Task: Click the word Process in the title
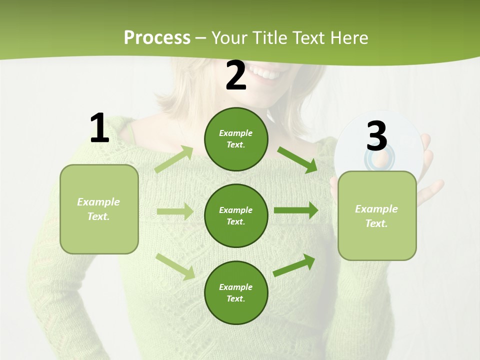[x=157, y=38]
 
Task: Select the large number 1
[x=99, y=128]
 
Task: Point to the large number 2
[x=236, y=76]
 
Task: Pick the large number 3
[x=377, y=136]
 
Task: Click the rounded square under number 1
[x=99, y=209]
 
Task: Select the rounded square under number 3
[x=377, y=215]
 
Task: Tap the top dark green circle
[x=236, y=139]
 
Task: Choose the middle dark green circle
[x=236, y=215]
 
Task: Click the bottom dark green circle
[x=236, y=292]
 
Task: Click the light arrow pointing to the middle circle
[x=175, y=211]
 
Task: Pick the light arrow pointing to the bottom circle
[x=175, y=266]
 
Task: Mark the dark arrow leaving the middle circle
[x=296, y=210]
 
